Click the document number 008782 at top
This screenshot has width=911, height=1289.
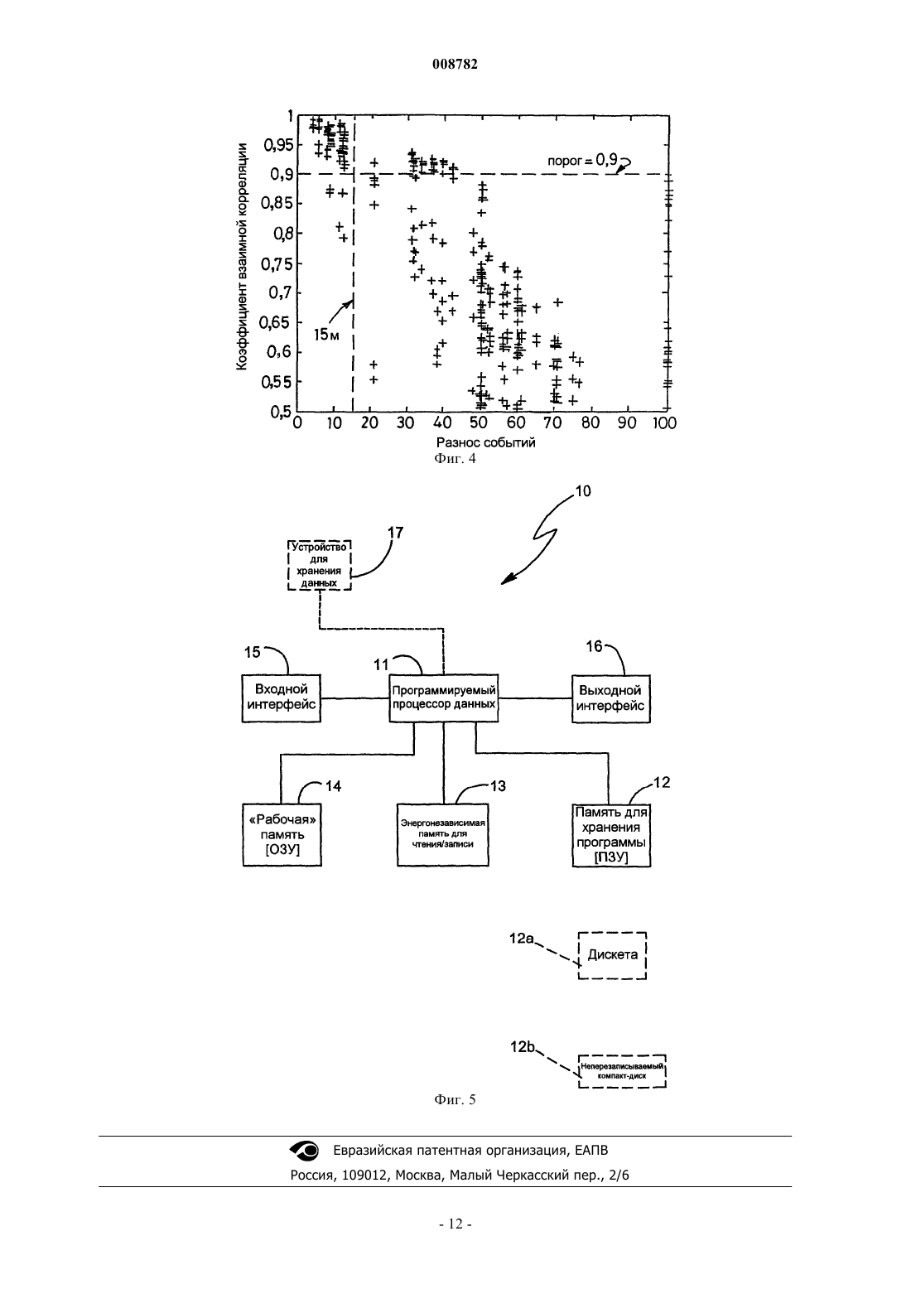click(x=455, y=65)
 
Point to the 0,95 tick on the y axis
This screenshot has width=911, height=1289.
click(x=278, y=144)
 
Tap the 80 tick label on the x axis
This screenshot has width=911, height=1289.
click(x=590, y=423)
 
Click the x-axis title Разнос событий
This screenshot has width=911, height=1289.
click(x=486, y=442)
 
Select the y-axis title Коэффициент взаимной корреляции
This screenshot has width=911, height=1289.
click(x=242, y=257)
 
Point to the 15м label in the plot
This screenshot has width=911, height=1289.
click(x=326, y=335)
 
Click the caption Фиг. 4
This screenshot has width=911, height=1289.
click(x=455, y=459)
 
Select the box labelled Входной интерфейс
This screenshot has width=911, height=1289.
click(x=282, y=698)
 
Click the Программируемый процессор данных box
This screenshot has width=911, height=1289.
click(x=443, y=698)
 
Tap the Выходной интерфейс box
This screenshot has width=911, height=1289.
click(x=611, y=698)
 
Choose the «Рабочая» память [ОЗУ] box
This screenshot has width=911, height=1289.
click(x=282, y=835)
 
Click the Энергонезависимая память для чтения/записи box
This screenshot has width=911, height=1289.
click(x=443, y=835)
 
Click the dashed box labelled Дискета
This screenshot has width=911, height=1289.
click(x=613, y=955)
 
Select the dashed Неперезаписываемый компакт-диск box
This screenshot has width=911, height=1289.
click(x=622, y=1071)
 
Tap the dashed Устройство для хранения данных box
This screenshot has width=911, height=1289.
click(x=319, y=565)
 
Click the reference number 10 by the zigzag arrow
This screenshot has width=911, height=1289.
click(x=583, y=491)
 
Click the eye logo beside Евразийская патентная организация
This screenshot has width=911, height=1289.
click(x=304, y=1151)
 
